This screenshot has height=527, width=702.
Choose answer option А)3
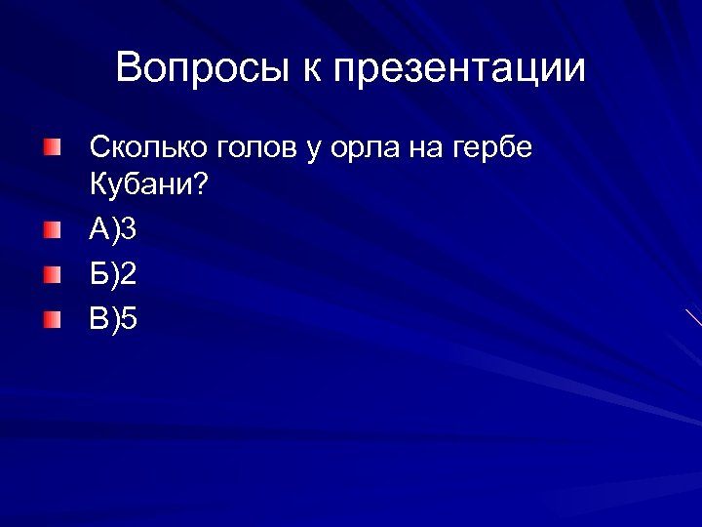click(x=113, y=231)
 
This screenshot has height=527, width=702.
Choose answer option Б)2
click(x=113, y=275)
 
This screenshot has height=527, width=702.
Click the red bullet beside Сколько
click(x=52, y=147)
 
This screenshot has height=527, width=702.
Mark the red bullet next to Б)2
click(x=52, y=275)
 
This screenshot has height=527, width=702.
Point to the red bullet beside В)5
click(x=52, y=318)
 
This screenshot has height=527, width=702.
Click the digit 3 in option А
click(x=130, y=231)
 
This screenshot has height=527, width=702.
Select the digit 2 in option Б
click(x=130, y=275)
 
